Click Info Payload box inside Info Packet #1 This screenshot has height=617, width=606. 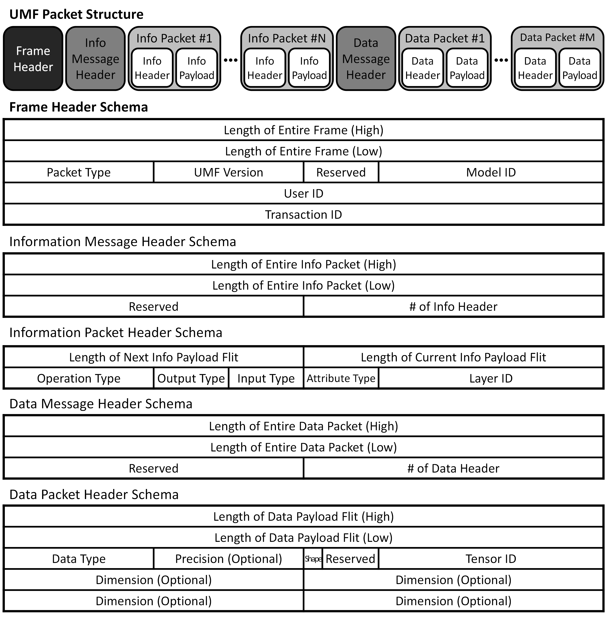[197, 68]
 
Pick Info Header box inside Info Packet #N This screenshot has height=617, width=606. [264, 68]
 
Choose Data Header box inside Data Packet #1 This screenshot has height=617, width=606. [422, 68]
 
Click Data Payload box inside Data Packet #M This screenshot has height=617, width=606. [579, 68]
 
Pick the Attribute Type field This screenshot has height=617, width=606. [341, 378]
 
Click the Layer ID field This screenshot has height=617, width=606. [491, 378]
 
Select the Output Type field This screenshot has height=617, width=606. [191, 378]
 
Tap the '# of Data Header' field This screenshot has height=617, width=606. [453, 468]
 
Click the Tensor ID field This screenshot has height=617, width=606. [491, 559]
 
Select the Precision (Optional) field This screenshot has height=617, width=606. [229, 559]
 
